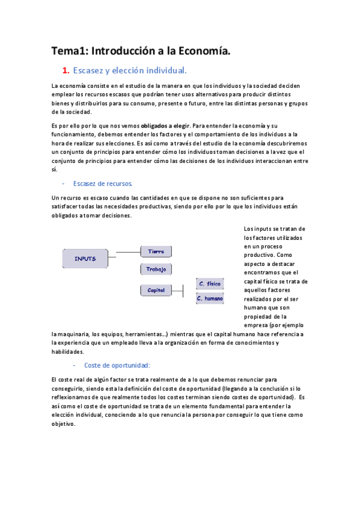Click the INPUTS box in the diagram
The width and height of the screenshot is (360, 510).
(85, 258)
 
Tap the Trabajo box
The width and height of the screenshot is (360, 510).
(156, 269)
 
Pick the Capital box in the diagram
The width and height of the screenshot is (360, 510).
(156, 290)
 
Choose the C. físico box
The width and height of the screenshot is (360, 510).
(210, 283)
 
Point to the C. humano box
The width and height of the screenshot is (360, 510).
(210, 298)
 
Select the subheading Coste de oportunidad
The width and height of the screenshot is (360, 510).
(117, 365)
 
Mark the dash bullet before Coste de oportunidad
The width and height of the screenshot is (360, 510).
(74, 365)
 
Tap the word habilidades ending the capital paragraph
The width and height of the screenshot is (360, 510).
(68, 352)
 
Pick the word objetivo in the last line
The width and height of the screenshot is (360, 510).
(64, 423)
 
